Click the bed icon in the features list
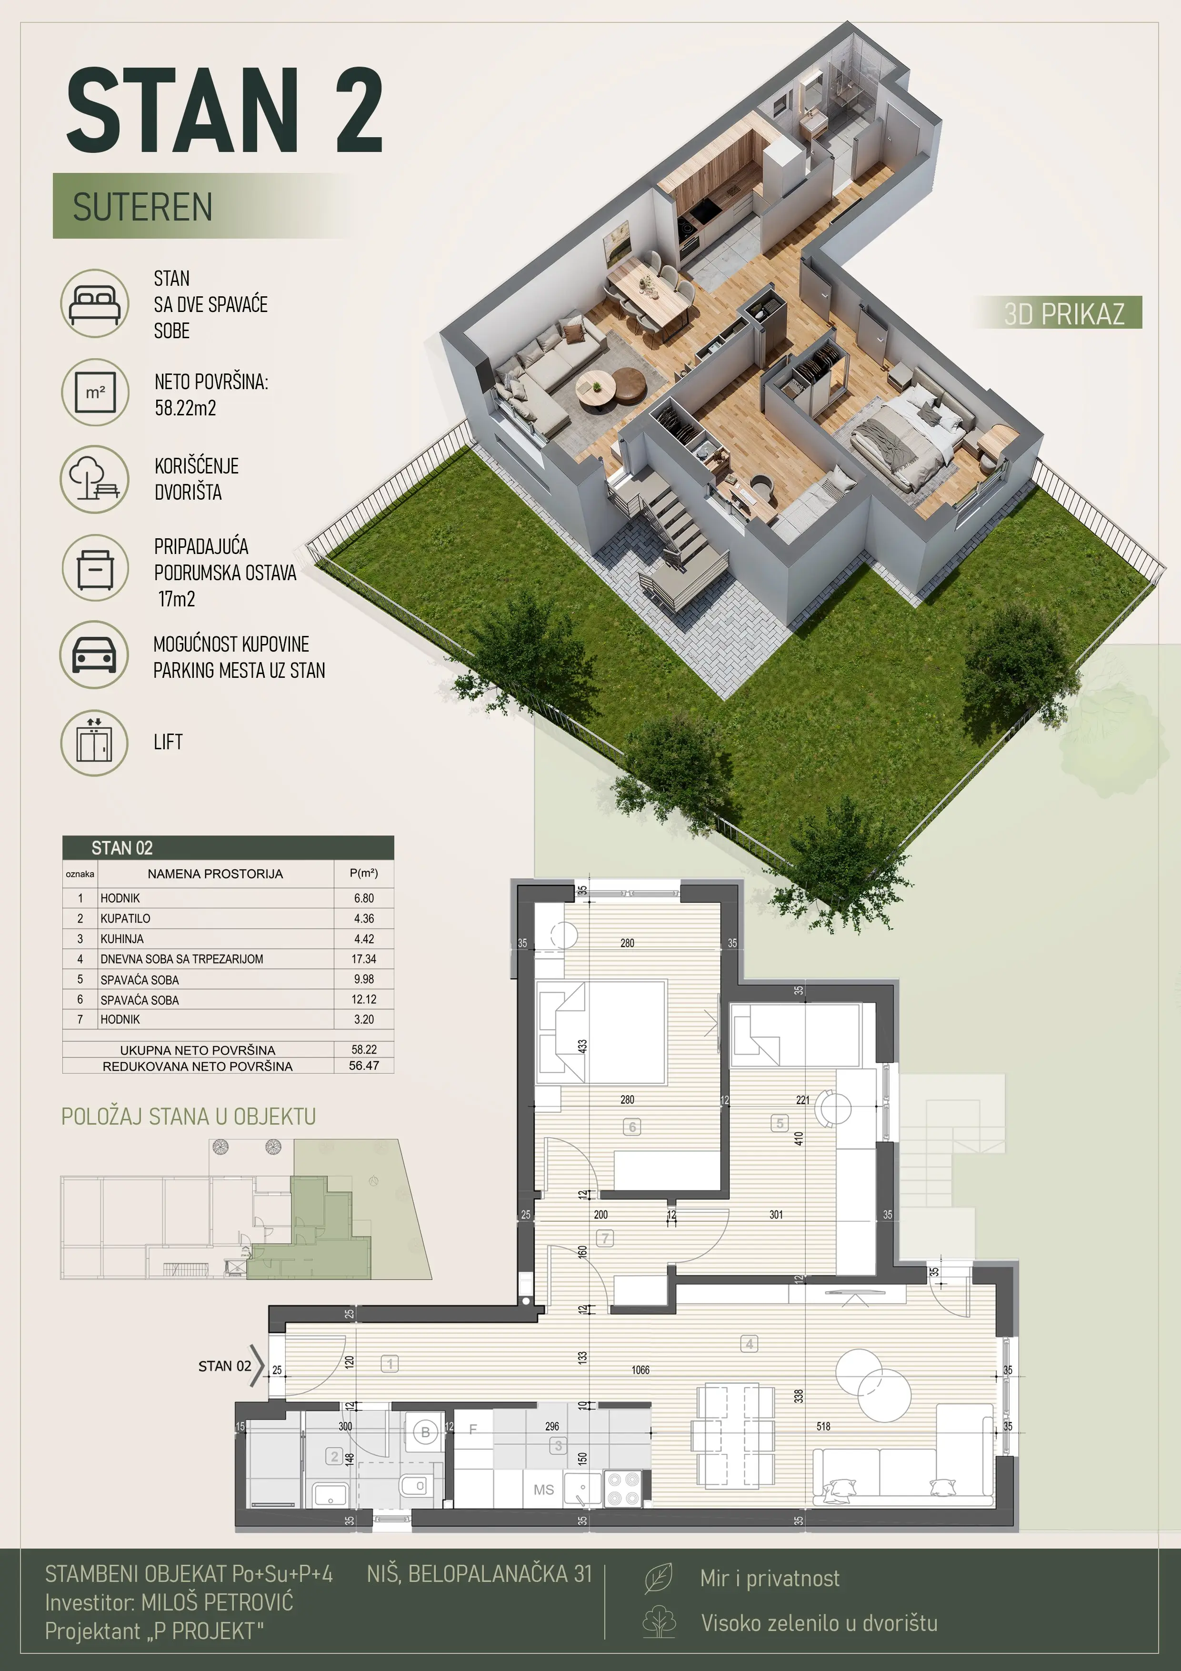(x=95, y=303)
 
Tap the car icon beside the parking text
(x=95, y=654)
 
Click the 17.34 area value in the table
(x=364, y=959)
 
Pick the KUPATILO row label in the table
(x=125, y=918)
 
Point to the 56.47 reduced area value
(x=364, y=1066)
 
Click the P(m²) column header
(x=364, y=873)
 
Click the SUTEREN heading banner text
(x=142, y=207)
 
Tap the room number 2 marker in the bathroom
(x=334, y=1456)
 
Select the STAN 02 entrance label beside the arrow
(x=225, y=1366)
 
